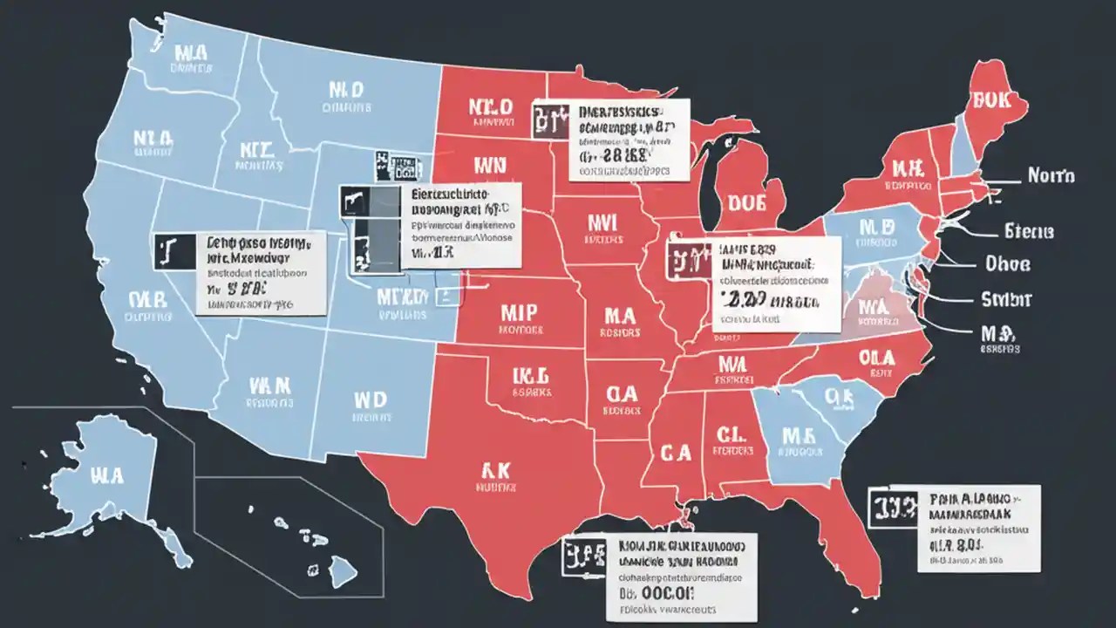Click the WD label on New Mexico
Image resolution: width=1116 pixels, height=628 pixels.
point(369,399)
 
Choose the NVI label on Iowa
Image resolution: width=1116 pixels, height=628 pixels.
point(602,222)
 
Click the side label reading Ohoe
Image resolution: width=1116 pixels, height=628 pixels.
point(1007,263)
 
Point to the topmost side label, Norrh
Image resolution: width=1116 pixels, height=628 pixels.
point(1051,176)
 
